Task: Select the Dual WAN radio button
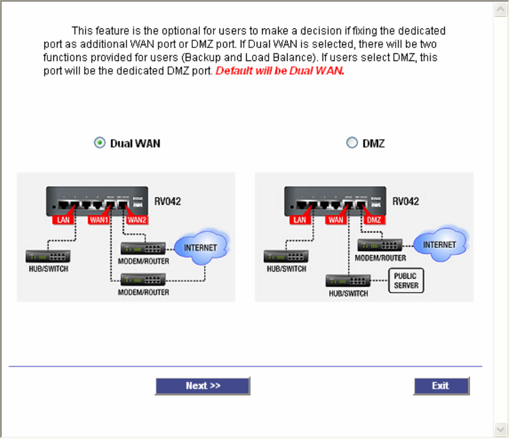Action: tap(100, 143)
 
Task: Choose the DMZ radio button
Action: tap(352, 143)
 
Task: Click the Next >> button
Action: tap(202, 386)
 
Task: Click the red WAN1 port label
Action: tap(98, 220)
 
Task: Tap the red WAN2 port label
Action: tap(136, 220)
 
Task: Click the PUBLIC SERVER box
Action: tap(406, 280)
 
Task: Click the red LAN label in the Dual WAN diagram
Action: tap(63, 220)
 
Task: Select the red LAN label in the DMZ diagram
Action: tap(301, 220)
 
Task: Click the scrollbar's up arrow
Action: tap(501, 9)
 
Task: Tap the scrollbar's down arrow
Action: tap(501, 429)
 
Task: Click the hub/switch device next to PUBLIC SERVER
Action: tap(347, 281)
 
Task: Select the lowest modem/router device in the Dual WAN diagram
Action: tap(144, 279)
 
